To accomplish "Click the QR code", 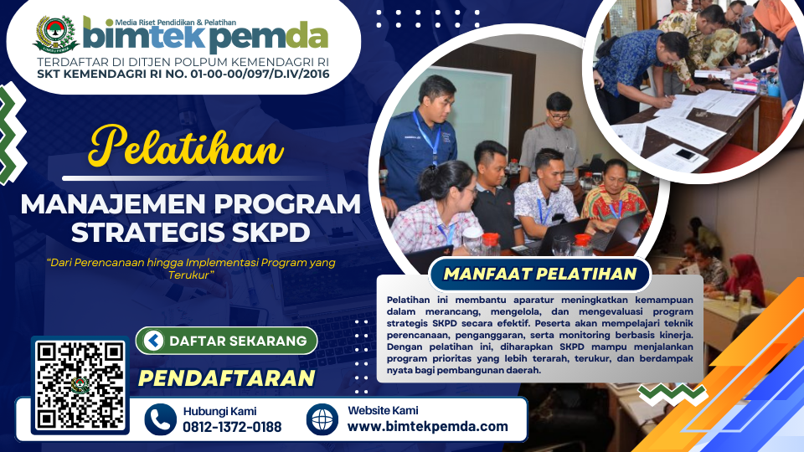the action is [80, 385].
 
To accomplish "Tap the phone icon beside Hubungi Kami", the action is [161, 419].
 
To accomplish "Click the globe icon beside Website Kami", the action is [322, 419].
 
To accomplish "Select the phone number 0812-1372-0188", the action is [232, 427].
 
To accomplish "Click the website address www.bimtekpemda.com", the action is [428, 426].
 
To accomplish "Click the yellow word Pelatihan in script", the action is [186, 147].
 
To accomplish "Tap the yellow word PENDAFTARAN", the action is [227, 378].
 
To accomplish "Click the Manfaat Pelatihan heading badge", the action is [539, 275].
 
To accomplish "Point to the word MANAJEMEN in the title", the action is [113, 204].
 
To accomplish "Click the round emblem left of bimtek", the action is [55, 33].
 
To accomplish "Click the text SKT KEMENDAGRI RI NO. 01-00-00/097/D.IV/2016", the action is [183, 74].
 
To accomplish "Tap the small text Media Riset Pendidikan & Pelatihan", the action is [175, 23].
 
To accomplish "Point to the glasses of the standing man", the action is [559, 117].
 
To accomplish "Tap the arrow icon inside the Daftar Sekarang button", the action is [153, 341].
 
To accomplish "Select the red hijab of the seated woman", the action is [744, 278].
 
